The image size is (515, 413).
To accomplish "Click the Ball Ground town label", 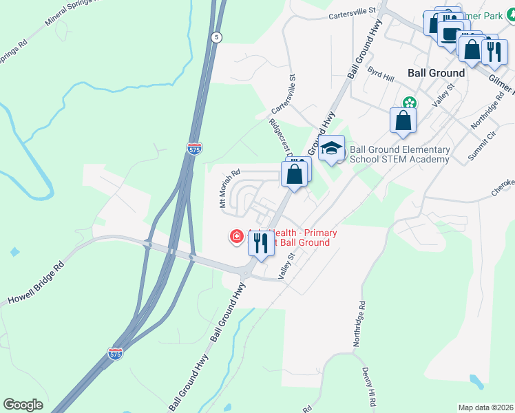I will [436, 72].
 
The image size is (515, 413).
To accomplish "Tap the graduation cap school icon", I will [331, 148].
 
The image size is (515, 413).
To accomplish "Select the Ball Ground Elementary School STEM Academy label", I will [399, 154].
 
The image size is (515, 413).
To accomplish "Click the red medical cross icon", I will [236, 237].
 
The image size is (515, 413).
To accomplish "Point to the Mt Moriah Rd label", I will [229, 189].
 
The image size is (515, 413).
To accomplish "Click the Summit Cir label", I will [482, 147].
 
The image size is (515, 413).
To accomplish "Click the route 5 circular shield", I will [216, 38].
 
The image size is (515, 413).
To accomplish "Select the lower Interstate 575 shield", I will [115, 353].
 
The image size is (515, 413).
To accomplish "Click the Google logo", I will [23, 405].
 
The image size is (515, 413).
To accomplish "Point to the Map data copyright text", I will [485, 407].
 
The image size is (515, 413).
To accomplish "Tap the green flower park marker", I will [410, 103].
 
